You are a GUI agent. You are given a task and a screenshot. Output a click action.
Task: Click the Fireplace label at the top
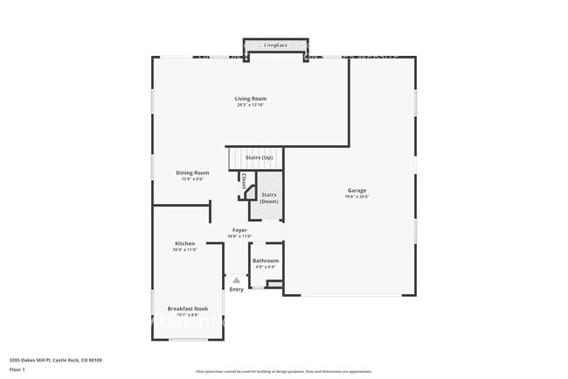click(x=275, y=45)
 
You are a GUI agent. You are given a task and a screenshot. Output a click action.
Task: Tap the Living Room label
click(x=250, y=98)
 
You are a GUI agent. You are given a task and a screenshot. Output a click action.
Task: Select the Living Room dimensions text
click(x=250, y=105)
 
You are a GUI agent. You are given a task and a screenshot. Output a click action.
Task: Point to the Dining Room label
click(x=192, y=172)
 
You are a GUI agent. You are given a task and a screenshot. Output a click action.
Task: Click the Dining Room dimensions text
click(x=192, y=179)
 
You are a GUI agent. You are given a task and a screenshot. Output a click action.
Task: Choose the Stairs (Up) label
click(x=259, y=157)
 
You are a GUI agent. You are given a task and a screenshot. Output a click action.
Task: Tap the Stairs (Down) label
click(x=269, y=198)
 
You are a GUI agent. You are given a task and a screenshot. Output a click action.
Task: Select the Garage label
click(x=357, y=190)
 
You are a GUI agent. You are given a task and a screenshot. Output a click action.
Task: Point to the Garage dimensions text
click(x=357, y=197)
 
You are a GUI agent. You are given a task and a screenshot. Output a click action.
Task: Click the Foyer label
click(x=239, y=229)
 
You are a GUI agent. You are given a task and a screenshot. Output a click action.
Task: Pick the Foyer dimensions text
click(x=239, y=236)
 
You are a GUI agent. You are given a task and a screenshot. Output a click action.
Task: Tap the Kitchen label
click(x=184, y=242)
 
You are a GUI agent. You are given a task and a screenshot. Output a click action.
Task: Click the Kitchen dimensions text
click(x=184, y=249)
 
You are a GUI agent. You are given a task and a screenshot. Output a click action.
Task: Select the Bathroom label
click(x=266, y=260)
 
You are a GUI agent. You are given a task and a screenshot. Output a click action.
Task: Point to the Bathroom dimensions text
click(x=266, y=267)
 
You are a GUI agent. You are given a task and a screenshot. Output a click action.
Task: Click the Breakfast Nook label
click(x=188, y=308)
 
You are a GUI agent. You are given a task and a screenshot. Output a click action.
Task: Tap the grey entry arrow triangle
click(x=236, y=279)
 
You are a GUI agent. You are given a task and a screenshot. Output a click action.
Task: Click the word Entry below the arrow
click(x=237, y=290)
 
